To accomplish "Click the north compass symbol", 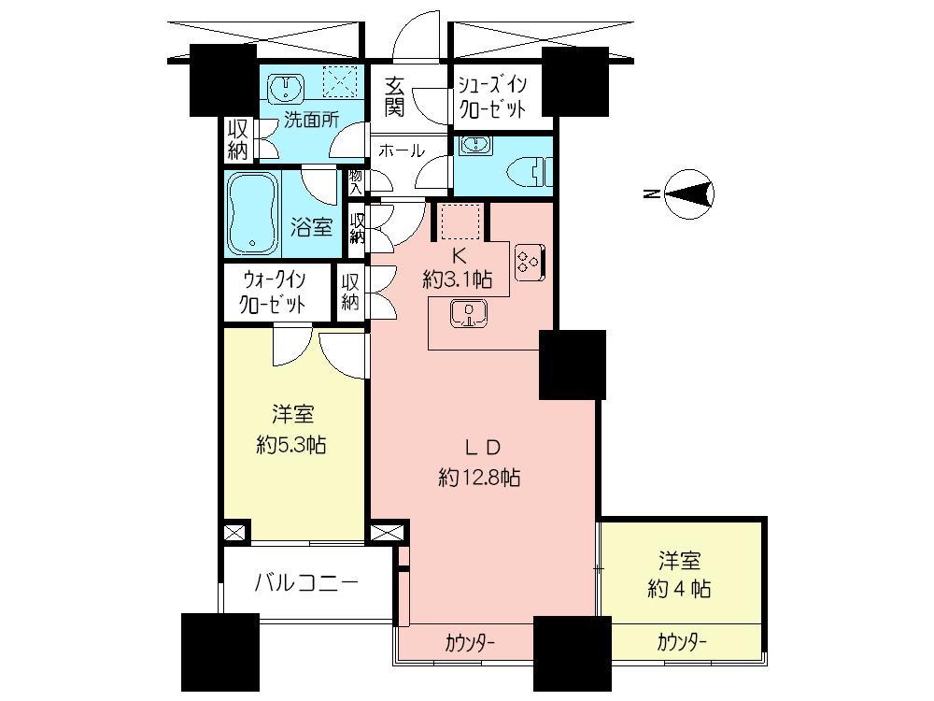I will coord(691,194).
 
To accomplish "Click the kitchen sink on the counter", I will coord(469,315).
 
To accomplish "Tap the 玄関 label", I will coord(393,95).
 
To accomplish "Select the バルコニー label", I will coord(307,583).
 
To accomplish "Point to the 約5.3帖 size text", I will coord(290,445).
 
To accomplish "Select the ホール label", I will coord(403,150).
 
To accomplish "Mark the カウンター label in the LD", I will coord(469,643).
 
